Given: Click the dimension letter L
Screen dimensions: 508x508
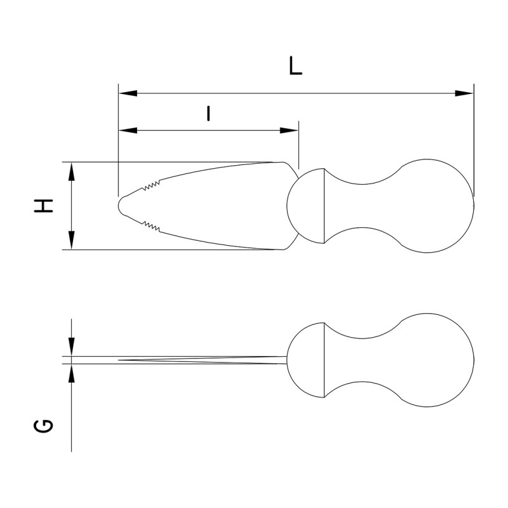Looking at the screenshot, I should click(x=295, y=66).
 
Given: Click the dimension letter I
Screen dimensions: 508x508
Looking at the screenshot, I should click(x=208, y=113).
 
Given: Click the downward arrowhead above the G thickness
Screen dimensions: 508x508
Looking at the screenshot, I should click(x=72, y=347).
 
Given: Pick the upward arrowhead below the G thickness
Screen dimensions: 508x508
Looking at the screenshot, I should click(x=72, y=373).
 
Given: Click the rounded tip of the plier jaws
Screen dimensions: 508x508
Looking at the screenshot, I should click(x=123, y=205).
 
